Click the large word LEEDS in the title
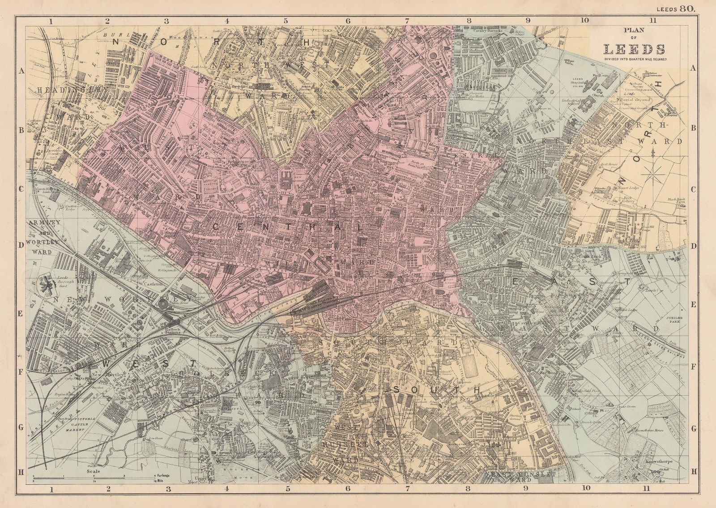point(635,49)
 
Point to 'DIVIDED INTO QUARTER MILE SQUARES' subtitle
point(635,59)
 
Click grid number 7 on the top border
point(407,21)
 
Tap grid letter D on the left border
point(20,246)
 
